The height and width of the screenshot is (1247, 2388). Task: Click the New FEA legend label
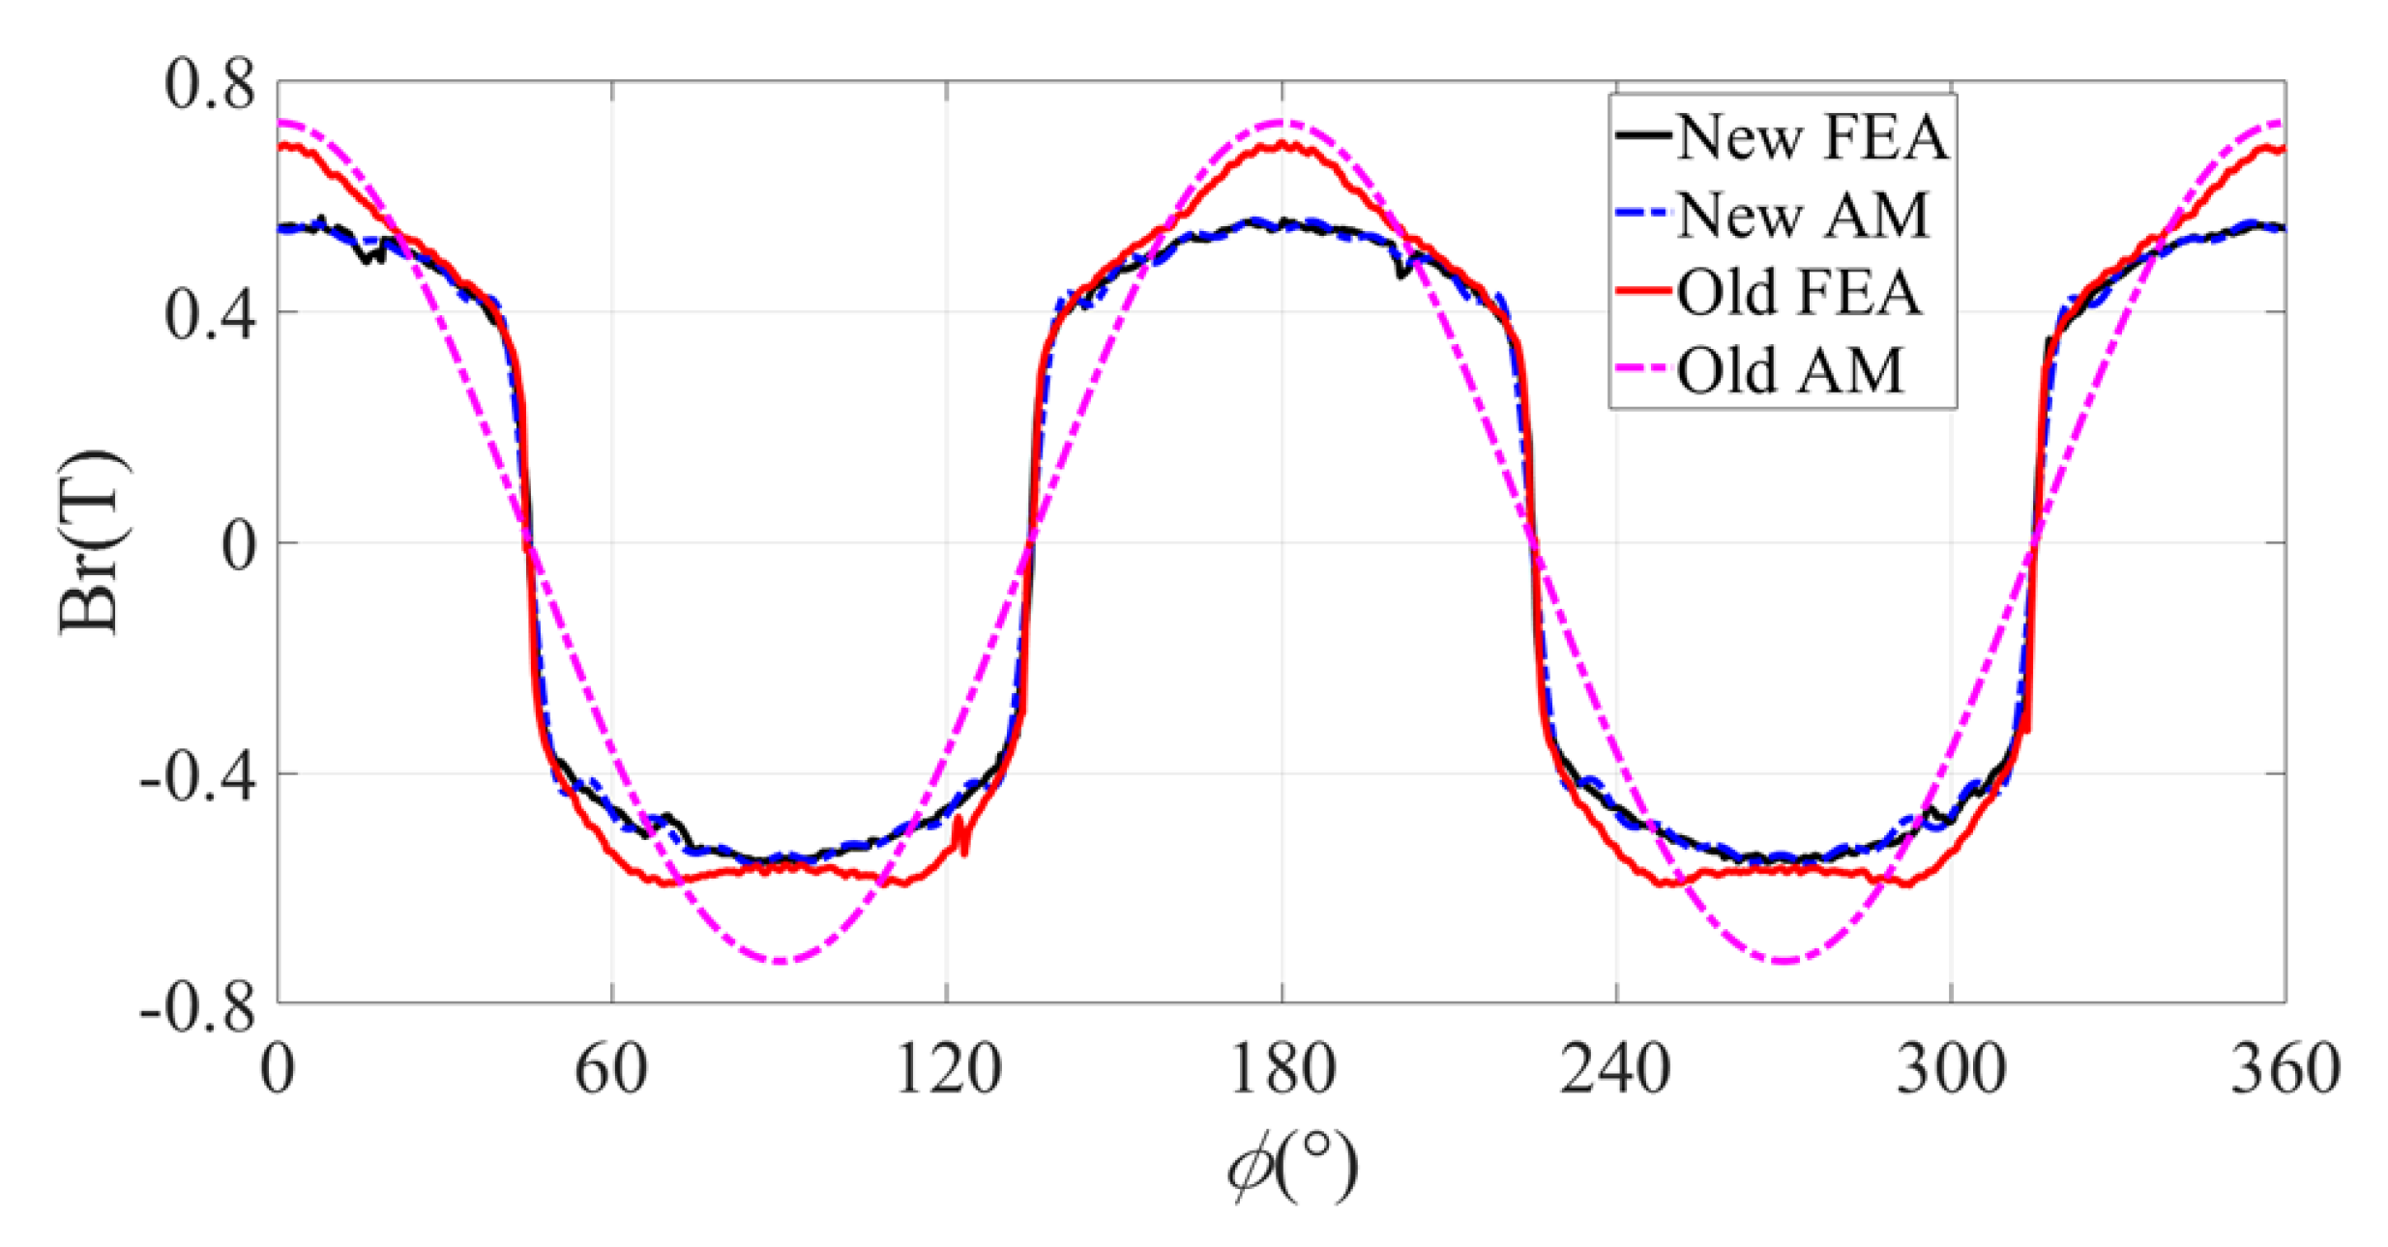[x=1810, y=137]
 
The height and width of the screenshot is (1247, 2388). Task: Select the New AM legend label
[x=1801, y=215]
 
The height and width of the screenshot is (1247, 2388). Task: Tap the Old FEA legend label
[x=1797, y=292]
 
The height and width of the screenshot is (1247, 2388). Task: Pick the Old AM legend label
[x=1789, y=370]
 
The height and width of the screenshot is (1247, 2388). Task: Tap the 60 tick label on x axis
[x=611, y=1070]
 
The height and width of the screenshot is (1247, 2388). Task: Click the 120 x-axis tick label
[x=947, y=1070]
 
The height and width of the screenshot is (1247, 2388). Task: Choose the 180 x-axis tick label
[x=1282, y=1070]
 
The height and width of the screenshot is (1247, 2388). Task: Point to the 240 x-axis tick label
[x=1615, y=1070]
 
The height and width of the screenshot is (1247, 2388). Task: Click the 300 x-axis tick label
[x=1951, y=1070]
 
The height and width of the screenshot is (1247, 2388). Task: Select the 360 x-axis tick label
[x=2285, y=1070]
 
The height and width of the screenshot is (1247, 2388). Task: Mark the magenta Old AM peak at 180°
[x=1282, y=122]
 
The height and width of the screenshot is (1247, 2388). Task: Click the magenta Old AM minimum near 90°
[x=781, y=961]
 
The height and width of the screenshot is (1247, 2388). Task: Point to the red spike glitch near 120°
[x=961, y=835]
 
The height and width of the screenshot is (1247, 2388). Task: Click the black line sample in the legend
[x=1642, y=137]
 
